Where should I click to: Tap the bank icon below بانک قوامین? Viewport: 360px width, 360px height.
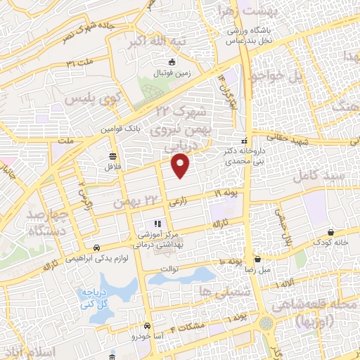click(x=112, y=156)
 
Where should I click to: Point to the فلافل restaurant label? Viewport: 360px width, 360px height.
click(x=113, y=168)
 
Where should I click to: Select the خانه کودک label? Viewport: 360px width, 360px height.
click(x=333, y=243)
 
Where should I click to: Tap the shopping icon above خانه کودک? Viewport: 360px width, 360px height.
click(x=330, y=231)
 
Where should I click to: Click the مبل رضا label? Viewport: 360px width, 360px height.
click(x=257, y=269)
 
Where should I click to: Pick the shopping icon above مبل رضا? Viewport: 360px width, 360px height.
click(x=257, y=258)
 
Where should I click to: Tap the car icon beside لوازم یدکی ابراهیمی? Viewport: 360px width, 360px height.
click(x=96, y=247)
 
